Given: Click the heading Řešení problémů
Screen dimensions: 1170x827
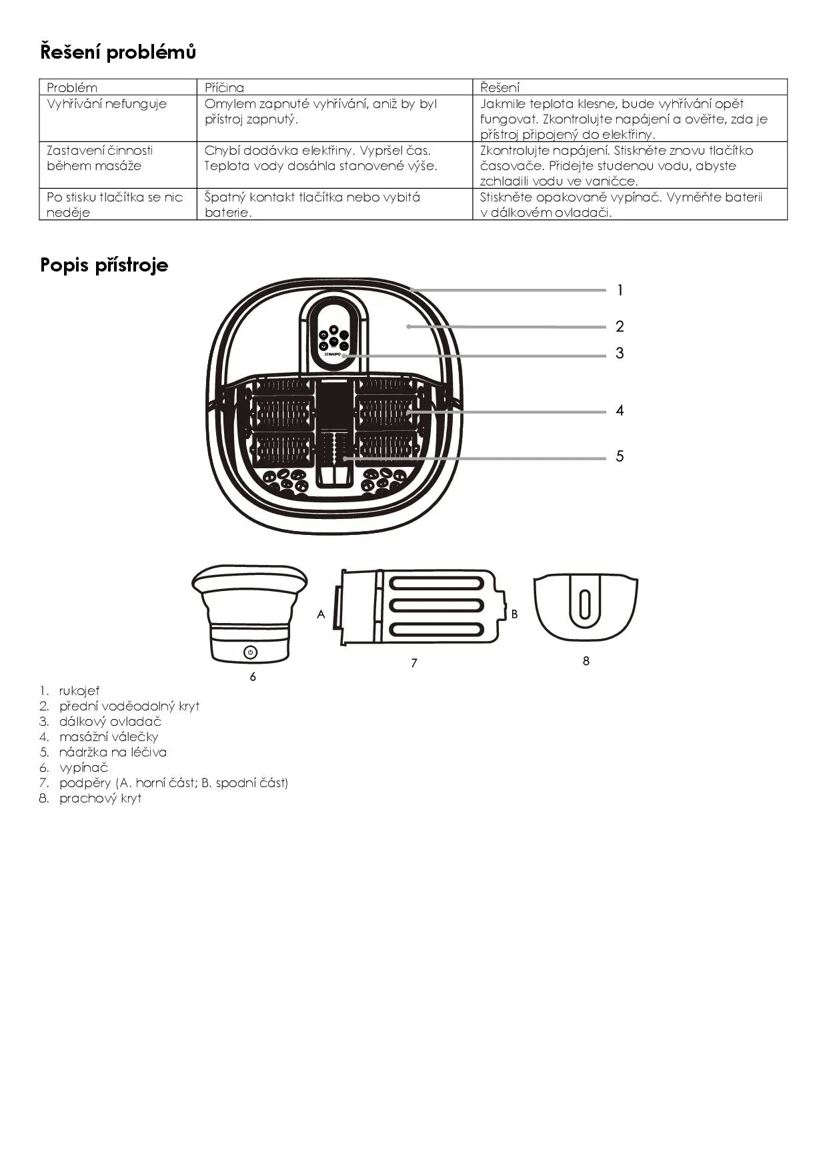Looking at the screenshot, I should pyautogui.click(x=118, y=52).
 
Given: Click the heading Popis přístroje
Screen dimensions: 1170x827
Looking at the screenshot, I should pyautogui.click(x=104, y=265).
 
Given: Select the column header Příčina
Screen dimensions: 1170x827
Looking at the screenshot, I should pyautogui.click(x=224, y=87).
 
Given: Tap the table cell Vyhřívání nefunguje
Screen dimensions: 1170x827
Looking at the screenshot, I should pyautogui.click(x=107, y=104).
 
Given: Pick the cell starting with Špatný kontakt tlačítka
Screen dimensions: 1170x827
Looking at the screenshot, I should pyautogui.click(x=312, y=204).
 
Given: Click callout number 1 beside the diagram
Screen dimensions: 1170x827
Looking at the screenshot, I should pyautogui.click(x=620, y=290).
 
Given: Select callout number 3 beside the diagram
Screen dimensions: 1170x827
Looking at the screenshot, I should pyautogui.click(x=620, y=353).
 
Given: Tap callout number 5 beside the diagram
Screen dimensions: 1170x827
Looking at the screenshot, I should pyautogui.click(x=620, y=456).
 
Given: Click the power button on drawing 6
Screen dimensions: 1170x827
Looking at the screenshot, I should pyautogui.click(x=251, y=652).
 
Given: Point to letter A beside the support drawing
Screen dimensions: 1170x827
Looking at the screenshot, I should pyautogui.click(x=321, y=614).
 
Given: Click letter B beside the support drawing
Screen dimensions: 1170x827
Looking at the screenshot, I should pyautogui.click(x=514, y=614).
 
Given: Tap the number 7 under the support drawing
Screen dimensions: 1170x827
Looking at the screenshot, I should pyautogui.click(x=414, y=662).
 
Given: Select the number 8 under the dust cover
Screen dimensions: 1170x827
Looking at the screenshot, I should pyautogui.click(x=586, y=660).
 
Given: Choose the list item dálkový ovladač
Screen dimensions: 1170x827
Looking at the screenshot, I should pyautogui.click(x=110, y=721).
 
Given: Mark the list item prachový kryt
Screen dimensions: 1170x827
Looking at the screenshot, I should pyautogui.click(x=100, y=798).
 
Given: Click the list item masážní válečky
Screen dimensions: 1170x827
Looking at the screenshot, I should pyautogui.click(x=108, y=736).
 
